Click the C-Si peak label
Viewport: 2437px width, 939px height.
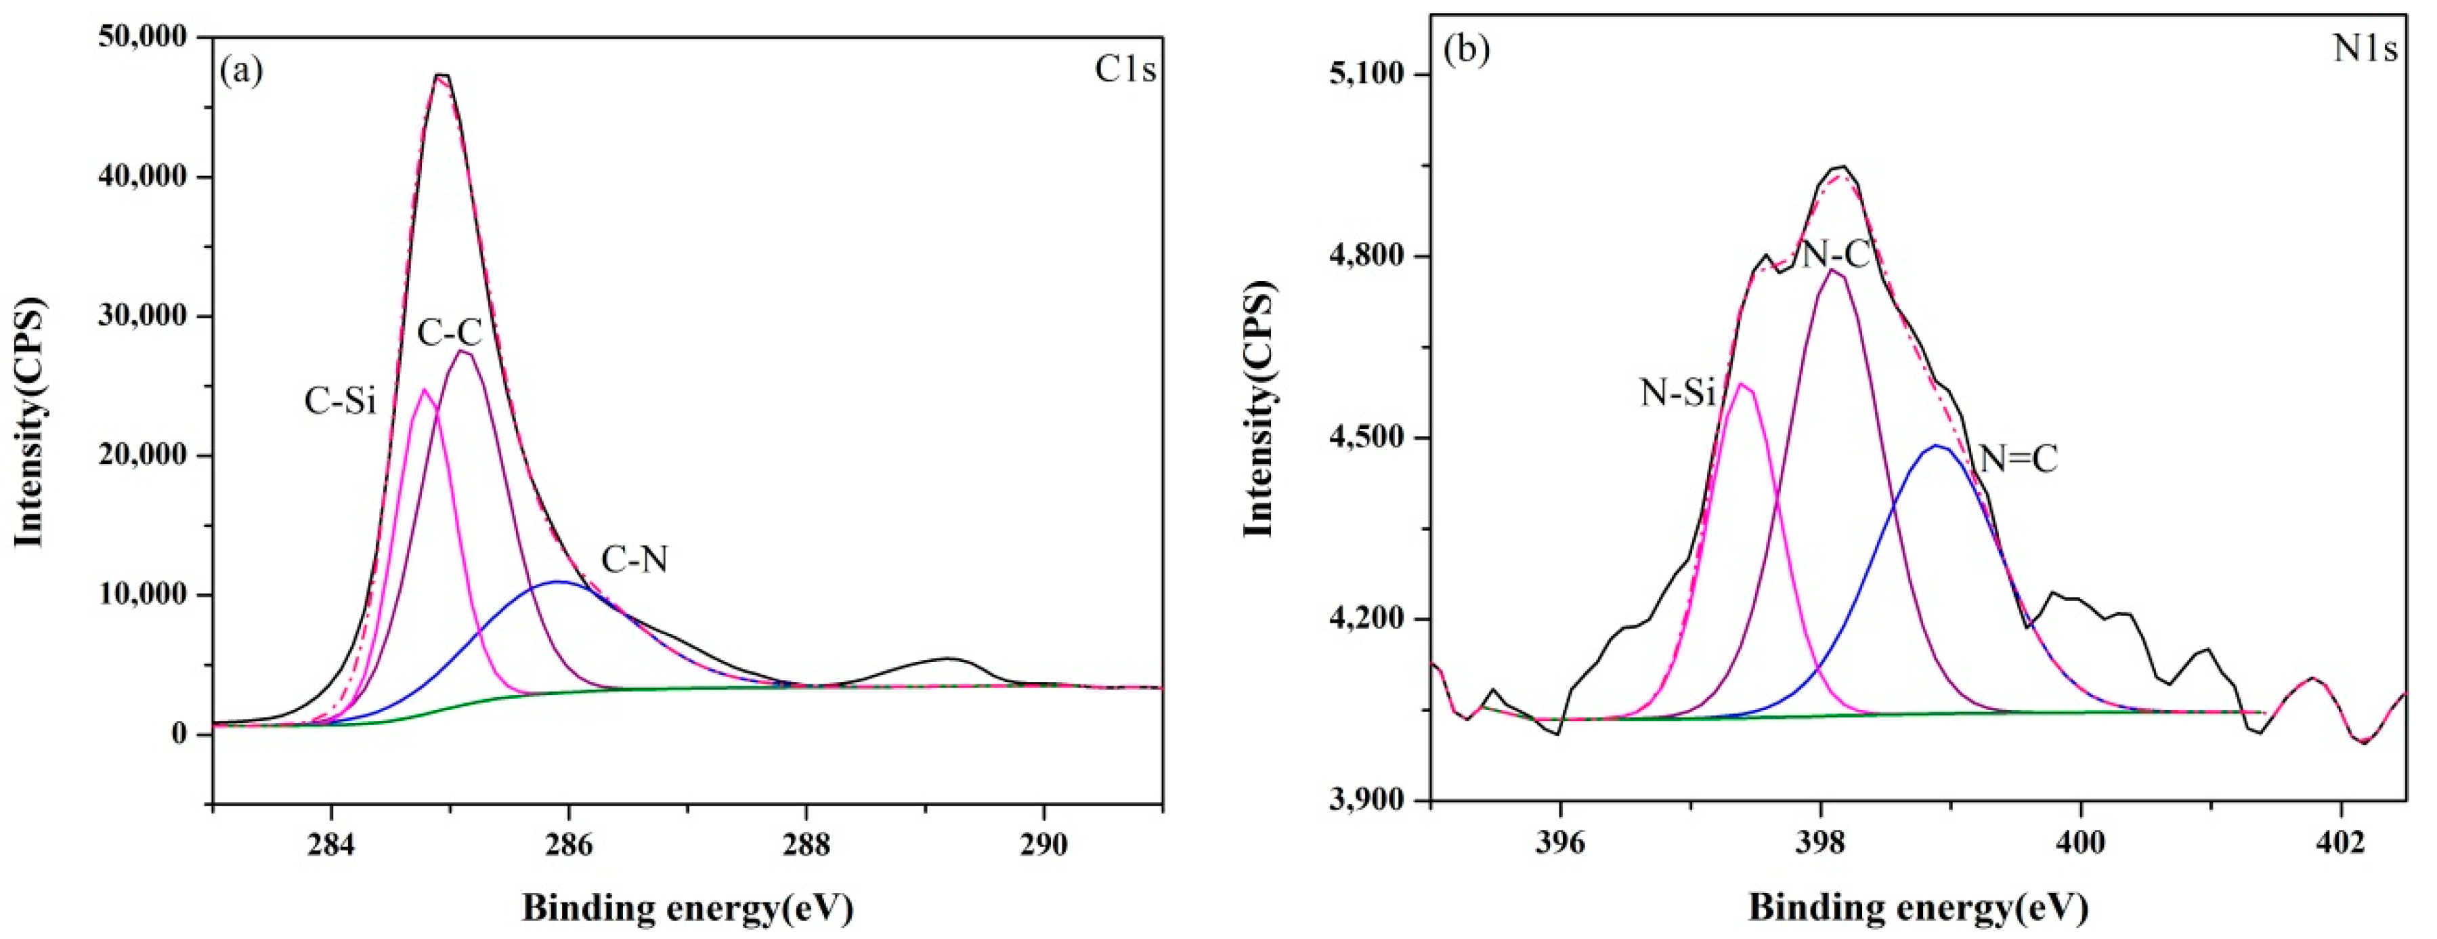point(340,401)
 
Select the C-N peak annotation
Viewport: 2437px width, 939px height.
point(634,560)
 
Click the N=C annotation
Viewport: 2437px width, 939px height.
point(2019,459)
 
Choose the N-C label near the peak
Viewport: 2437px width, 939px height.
point(1835,253)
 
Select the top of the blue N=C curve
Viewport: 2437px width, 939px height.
point(1936,446)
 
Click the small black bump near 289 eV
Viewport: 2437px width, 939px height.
point(947,658)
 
